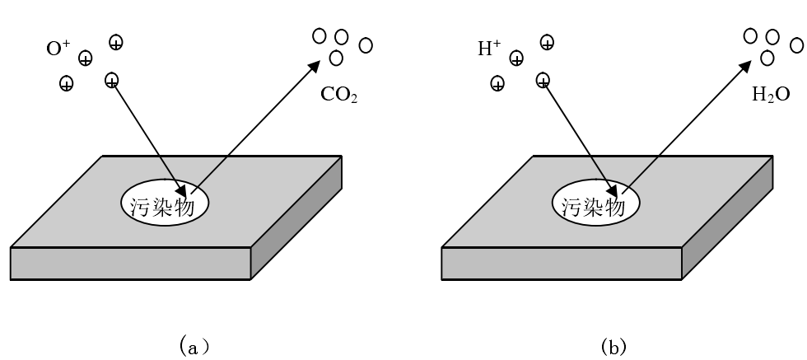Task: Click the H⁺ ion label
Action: click(489, 49)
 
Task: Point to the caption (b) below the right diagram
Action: click(613, 347)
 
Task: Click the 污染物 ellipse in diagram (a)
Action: click(165, 201)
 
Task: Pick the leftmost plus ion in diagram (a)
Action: click(66, 83)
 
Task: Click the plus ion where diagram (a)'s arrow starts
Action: click(112, 80)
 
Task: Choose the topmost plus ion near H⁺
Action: click(547, 42)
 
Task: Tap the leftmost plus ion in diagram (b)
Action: click(497, 83)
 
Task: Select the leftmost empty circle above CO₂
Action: click(319, 35)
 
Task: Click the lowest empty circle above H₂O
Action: click(767, 58)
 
